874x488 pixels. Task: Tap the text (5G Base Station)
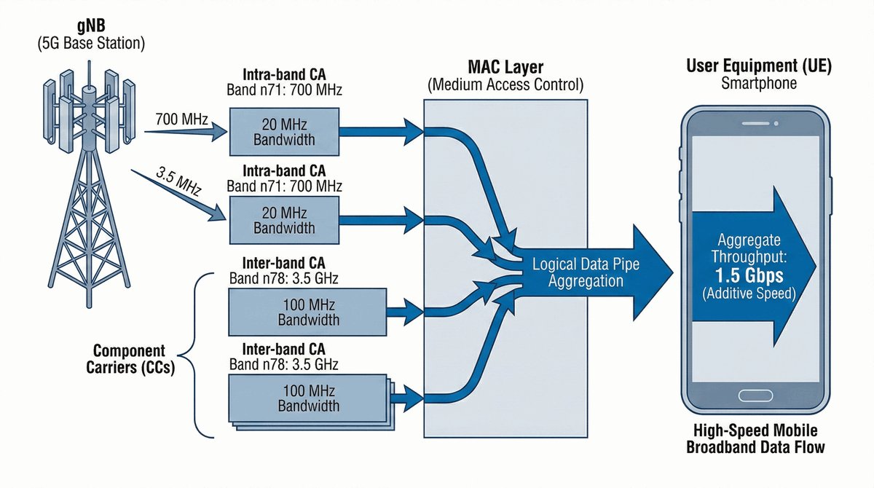(90, 44)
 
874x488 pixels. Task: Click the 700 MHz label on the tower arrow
(179, 117)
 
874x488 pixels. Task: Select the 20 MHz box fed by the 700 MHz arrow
(283, 132)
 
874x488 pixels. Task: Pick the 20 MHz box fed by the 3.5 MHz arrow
(283, 220)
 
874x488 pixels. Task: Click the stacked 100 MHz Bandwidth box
(306, 398)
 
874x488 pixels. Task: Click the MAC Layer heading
(505, 69)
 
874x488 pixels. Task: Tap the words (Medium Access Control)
(505, 85)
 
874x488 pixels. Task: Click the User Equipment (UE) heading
(759, 66)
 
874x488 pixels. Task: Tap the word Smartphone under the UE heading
(759, 83)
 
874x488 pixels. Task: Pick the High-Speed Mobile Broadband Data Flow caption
(756, 439)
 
